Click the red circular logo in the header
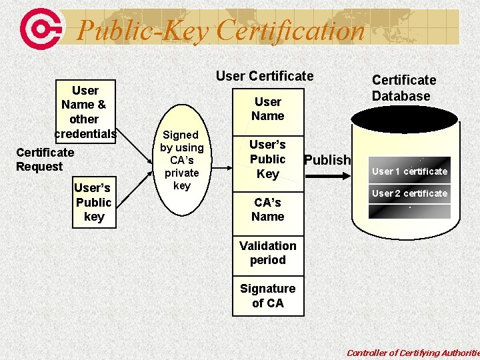[42, 28]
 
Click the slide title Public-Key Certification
[221, 31]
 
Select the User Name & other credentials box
[85, 112]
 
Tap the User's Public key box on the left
[93, 202]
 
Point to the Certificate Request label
[45, 159]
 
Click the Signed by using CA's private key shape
[181, 161]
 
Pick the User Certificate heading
[265, 76]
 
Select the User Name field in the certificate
[268, 109]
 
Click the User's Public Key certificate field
[267, 159]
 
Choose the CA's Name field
[268, 209]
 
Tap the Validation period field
[268, 253]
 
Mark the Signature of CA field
[268, 295]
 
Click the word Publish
[327, 160]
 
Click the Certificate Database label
[403, 88]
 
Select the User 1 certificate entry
[409, 171]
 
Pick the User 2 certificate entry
[409, 193]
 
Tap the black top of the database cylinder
[405, 119]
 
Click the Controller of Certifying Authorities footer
[413, 353]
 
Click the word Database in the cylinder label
[401, 96]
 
